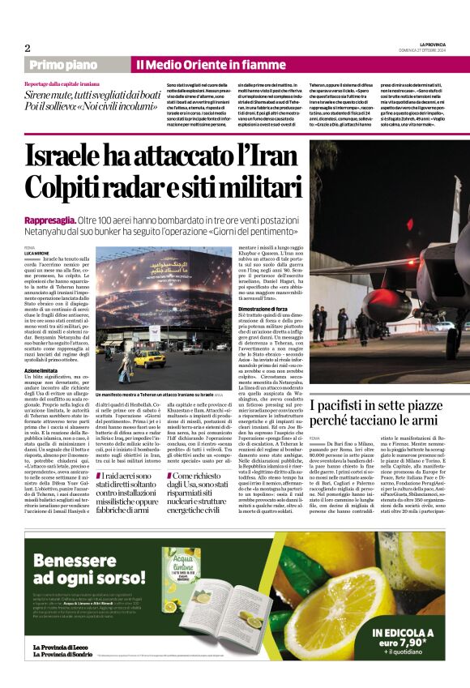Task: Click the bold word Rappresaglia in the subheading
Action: (x=49, y=220)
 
